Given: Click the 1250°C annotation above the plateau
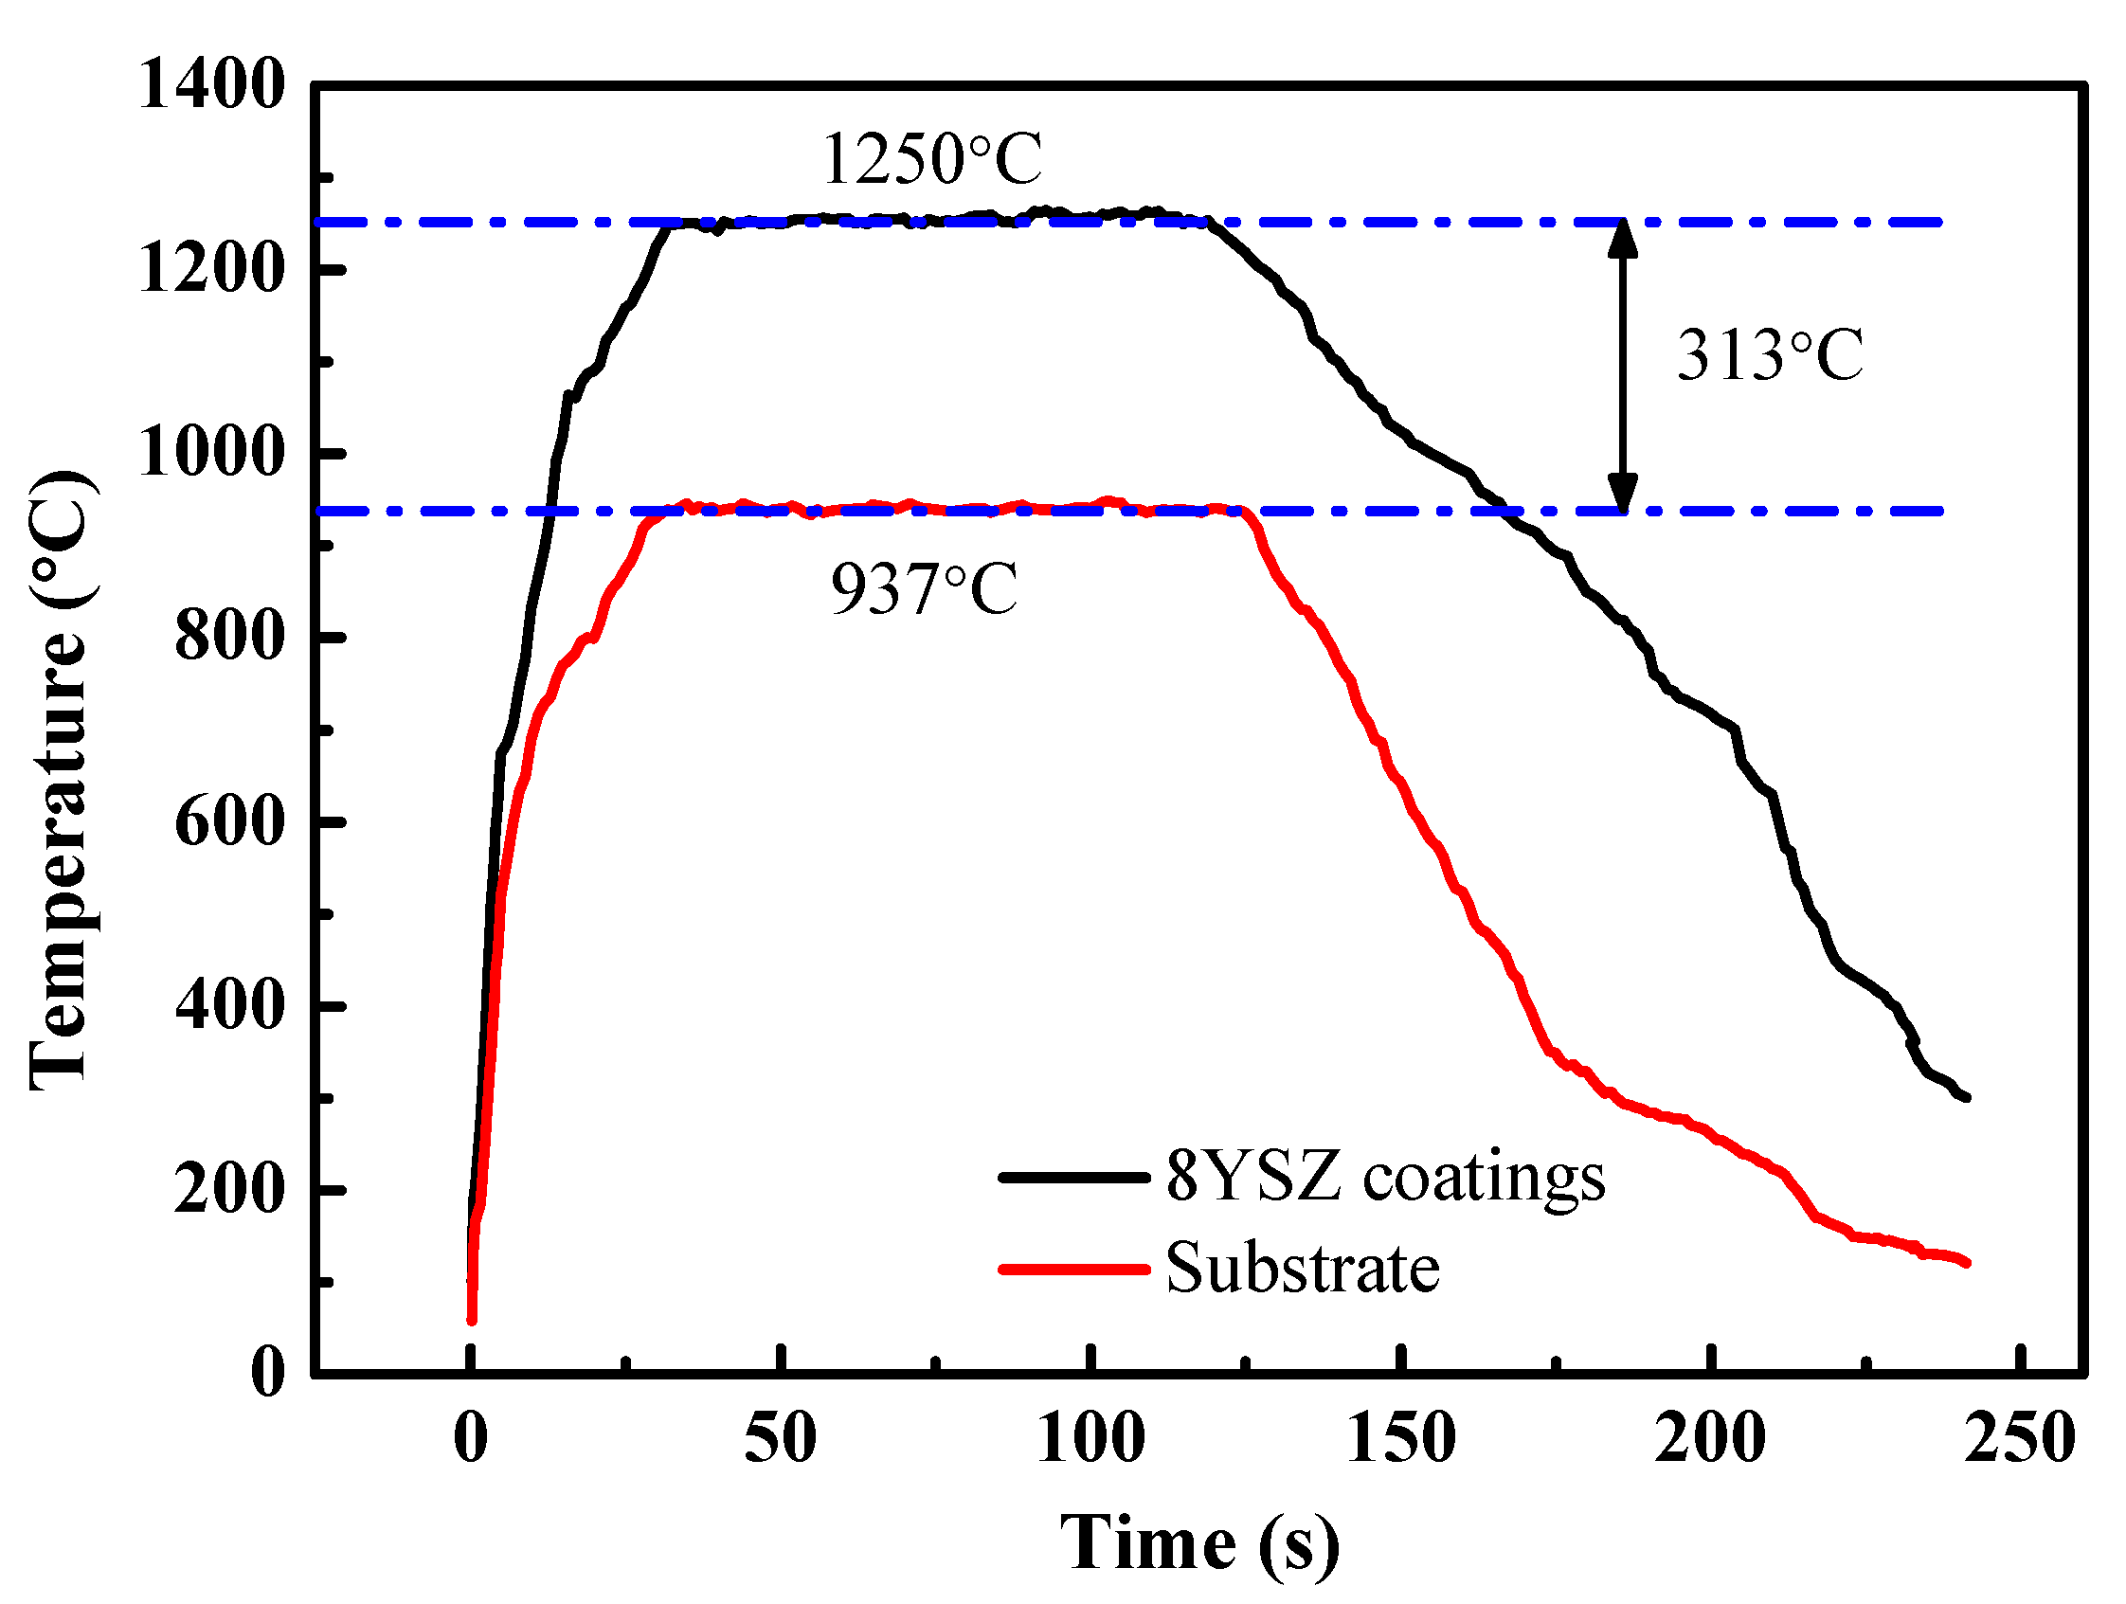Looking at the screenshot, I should pyautogui.click(x=931, y=158).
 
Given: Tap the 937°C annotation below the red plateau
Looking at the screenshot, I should pyautogui.click(x=924, y=588).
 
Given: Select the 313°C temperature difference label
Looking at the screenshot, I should pyautogui.click(x=1770, y=355).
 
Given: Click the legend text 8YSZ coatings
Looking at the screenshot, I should pyautogui.click(x=1385, y=1177).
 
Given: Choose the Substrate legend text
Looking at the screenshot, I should pyautogui.click(x=1303, y=1269).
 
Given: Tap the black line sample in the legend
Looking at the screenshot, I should pyautogui.click(x=1073, y=1177).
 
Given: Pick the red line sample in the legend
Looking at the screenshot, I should pyautogui.click(x=1073, y=1270).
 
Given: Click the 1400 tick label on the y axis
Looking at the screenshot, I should pyautogui.click(x=212, y=84).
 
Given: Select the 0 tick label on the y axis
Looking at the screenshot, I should pyautogui.click(x=268, y=1372).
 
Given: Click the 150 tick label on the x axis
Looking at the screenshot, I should pyautogui.click(x=1401, y=1439).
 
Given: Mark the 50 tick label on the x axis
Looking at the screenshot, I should pyautogui.click(x=781, y=1439).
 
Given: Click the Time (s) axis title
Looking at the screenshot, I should pyautogui.click(x=1199, y=1543).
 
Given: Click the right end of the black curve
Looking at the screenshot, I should pyautogui.click(x=1967, y=1096).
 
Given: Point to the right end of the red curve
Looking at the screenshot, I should pyautogui.click(x=1967, y=1263).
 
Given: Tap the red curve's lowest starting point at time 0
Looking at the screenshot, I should pyautogui.click(x=472, y=1320).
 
